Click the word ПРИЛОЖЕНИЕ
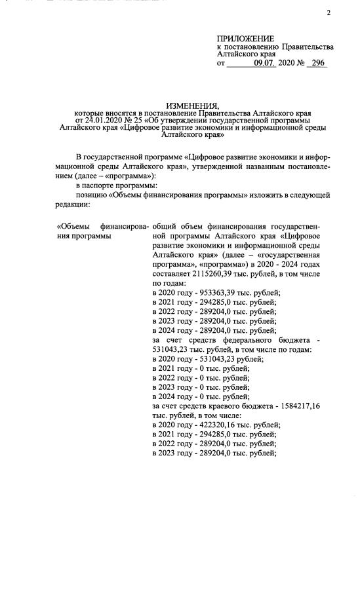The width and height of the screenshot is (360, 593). pyautogui.click(x=245, y=39)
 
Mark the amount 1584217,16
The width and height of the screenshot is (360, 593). pyautogui.click(x=293, y=407)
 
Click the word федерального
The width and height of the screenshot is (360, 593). pyautogui.click(x=250, y=340)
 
